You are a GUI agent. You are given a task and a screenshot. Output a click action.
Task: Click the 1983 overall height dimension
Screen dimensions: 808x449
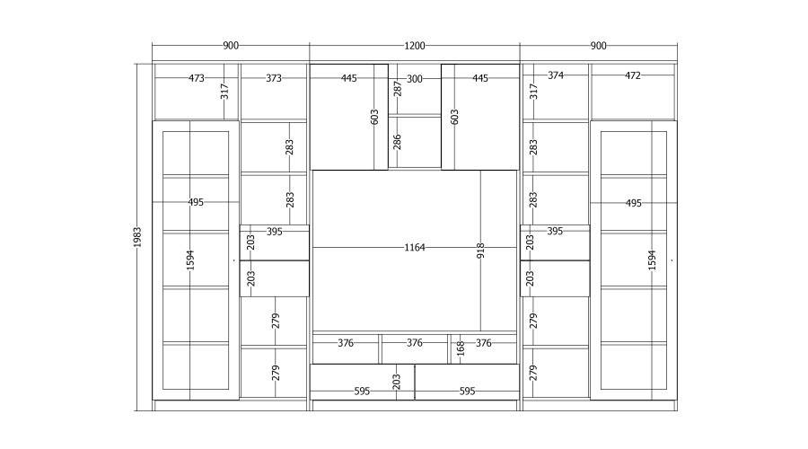137,236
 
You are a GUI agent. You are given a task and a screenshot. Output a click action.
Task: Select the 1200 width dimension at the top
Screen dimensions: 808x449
414,46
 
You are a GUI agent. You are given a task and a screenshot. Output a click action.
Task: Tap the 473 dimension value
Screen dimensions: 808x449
197,78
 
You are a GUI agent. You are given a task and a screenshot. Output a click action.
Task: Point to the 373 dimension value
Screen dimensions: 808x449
274,78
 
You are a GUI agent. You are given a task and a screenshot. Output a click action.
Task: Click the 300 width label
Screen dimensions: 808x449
414,79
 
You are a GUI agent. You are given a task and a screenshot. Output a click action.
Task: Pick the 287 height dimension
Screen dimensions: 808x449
398,88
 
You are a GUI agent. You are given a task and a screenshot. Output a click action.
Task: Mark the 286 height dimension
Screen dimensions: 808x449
397,142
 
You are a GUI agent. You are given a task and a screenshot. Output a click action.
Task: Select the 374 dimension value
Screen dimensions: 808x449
556,75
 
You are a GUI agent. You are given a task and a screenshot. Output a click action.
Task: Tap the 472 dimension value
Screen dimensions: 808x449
633,75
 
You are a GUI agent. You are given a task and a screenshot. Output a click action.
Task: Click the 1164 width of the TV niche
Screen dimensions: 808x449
414,248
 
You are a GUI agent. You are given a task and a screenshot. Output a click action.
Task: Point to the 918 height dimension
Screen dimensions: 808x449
480,251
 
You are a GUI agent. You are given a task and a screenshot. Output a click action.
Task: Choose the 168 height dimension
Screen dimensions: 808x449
461,348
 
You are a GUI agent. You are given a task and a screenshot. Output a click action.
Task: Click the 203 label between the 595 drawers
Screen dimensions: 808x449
396,382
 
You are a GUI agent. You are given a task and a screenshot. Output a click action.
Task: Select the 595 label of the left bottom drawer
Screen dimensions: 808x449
362,392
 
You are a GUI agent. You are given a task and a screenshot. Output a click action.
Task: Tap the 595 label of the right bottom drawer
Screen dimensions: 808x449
467,392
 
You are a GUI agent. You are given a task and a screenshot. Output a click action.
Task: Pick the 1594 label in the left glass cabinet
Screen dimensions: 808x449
190,260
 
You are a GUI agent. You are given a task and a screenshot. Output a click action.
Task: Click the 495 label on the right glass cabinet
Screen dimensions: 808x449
633,203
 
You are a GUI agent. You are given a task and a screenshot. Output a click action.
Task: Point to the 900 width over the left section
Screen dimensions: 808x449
231,46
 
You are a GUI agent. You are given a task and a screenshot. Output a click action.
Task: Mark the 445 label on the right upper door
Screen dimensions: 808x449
480,78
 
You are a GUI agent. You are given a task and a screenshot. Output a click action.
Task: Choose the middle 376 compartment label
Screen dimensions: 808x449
414,343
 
